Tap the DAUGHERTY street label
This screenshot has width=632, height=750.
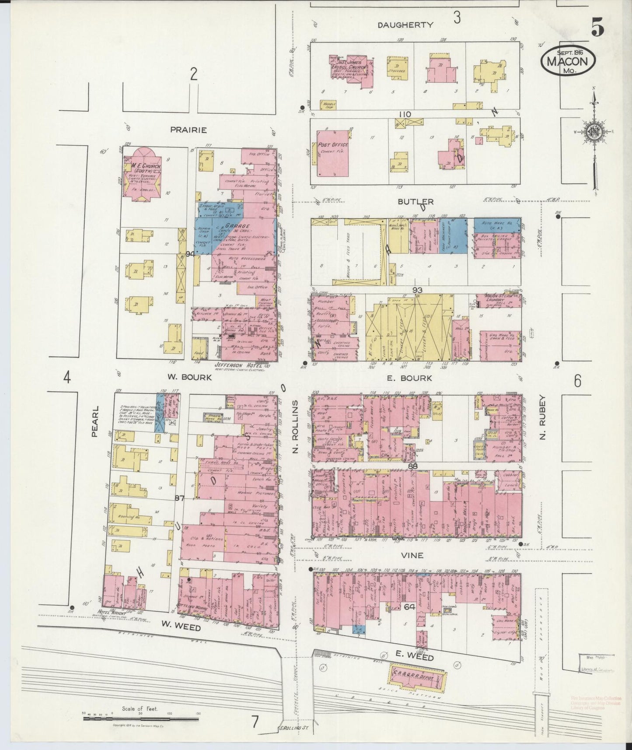[405, 25]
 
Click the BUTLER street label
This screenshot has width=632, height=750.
[416, 202]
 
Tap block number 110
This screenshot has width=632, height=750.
[404, 114]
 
